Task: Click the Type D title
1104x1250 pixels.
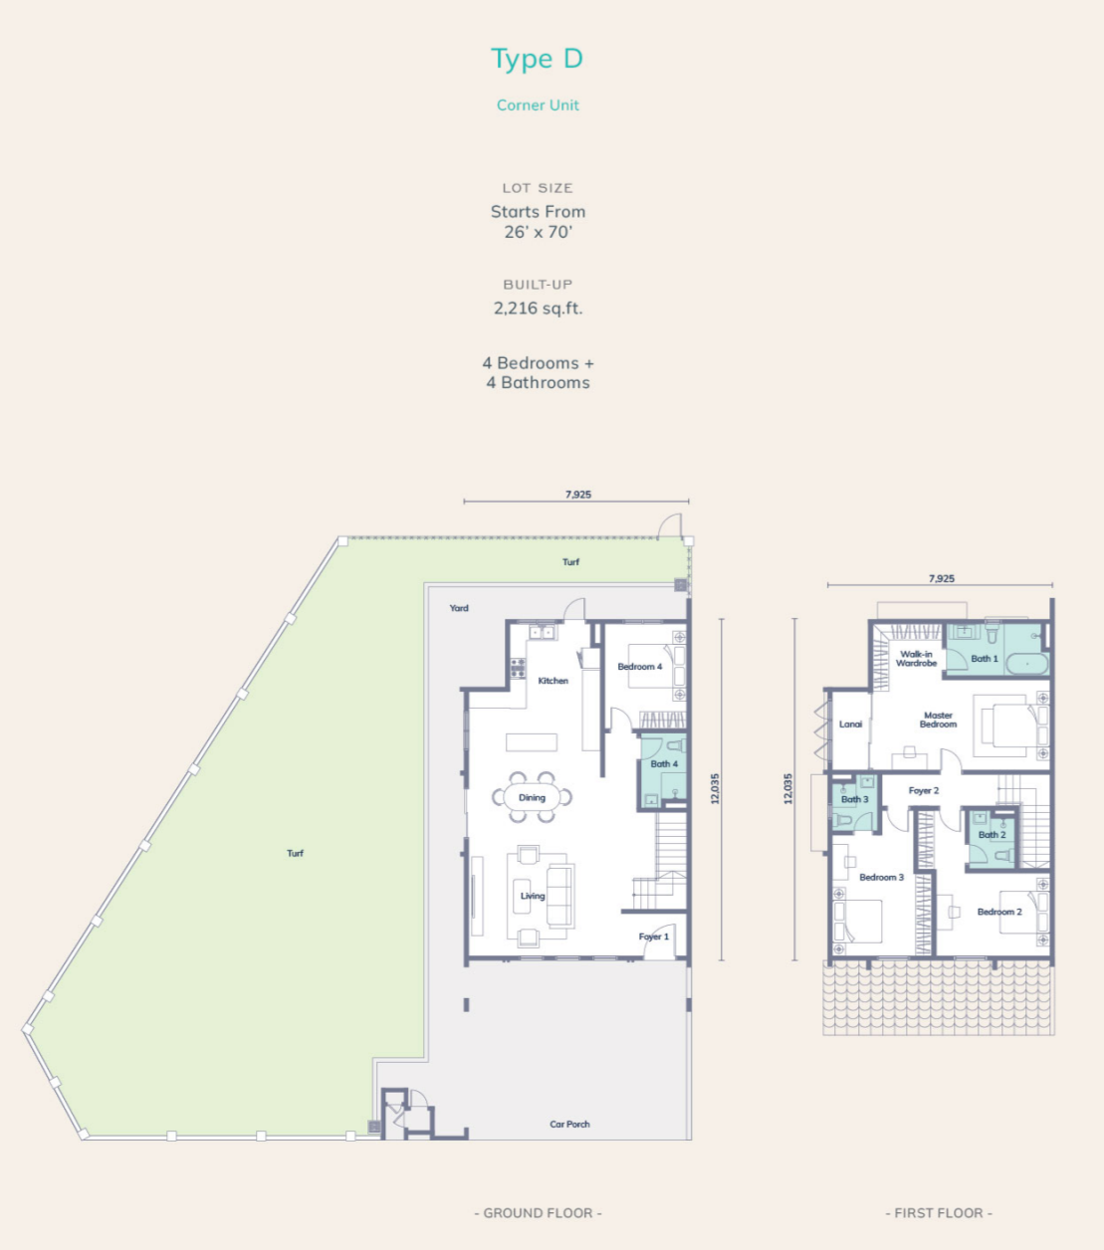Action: [x=537, y=60]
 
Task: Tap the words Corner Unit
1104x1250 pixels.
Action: [x=538, y=105]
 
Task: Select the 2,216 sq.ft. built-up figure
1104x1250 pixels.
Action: [x=539, y=308]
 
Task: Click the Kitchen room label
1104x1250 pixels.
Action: [x=552, y=681]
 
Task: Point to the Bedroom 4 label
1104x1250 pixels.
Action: [x=640, y=667]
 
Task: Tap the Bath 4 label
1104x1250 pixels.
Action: [x=664, y=763]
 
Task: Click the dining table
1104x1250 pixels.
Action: [x=532, y=798]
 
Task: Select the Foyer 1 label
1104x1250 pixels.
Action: [x=653, y=937]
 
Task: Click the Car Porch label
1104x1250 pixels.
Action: [x=569, y=1125]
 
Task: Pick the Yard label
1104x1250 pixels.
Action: [x=459, y=608]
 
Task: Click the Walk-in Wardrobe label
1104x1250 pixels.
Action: [x=917, y=658]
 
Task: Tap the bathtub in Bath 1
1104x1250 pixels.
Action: [x=1027, y=664]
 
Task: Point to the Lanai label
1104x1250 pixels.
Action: [x=850, y=725]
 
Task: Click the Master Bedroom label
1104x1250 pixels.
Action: [x=938, y=720]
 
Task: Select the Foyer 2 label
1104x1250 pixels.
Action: [x=924, y=790]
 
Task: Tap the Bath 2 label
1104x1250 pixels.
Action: [x=993, y=835]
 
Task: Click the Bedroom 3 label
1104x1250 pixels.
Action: [x=881, y=878]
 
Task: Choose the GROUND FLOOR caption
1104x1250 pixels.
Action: [x=539, y=1213]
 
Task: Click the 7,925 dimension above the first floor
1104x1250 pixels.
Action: [x=941, y=579]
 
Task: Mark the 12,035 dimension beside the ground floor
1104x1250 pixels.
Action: [x=715, y=788]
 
